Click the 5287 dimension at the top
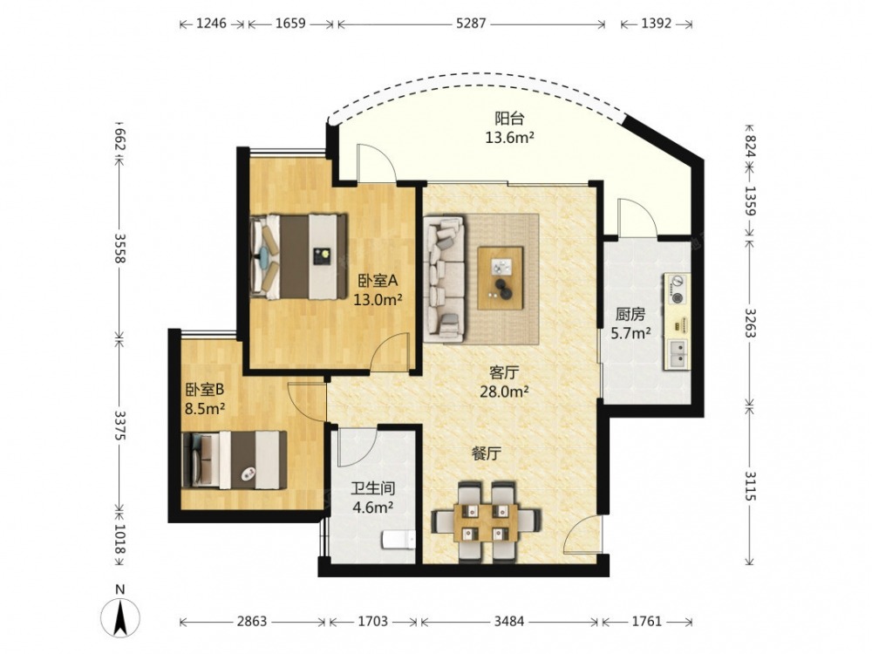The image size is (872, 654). point(471,24)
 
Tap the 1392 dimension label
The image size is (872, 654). point(657,24)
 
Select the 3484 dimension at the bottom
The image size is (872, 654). point(509,621)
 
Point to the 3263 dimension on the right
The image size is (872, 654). point(751,323)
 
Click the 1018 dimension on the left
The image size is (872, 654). point(120,539)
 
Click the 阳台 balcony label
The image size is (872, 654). point(509,119)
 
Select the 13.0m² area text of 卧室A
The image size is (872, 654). point(378,300)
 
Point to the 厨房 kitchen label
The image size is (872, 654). point(630,315)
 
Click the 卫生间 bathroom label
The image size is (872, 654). point(372,489)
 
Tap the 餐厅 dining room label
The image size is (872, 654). point(486,453)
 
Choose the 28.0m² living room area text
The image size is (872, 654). point(504,392)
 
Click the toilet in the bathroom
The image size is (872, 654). point(399,540)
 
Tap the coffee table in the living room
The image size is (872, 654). point(500,278)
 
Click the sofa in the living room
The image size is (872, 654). point(444,279)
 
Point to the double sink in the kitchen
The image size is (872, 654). point(678,355)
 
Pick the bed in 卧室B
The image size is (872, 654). point(234,460)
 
